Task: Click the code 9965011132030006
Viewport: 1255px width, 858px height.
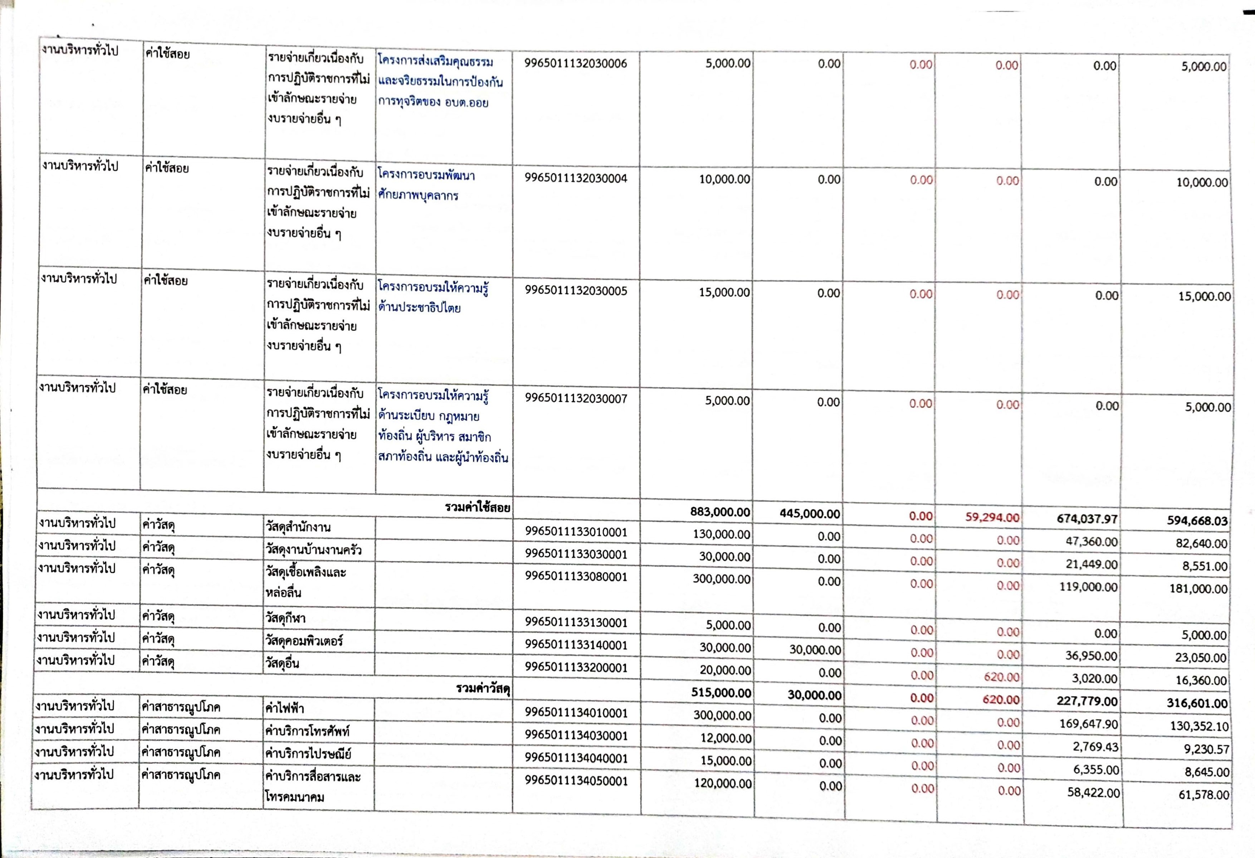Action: tap(576, 64)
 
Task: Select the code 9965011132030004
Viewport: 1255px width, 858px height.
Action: tap(576, 178)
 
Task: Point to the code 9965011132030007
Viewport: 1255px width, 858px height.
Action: tap(576, 399)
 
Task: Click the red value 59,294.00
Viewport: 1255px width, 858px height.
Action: tap(992, 517)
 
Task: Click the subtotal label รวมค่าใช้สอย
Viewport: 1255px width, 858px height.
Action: tap(477, 507)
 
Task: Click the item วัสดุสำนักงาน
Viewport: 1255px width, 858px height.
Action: tap(298, 527)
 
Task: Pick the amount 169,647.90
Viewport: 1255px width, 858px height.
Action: tap(1088, 723)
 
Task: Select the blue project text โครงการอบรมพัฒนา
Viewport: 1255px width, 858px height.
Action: tap(426, 175)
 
